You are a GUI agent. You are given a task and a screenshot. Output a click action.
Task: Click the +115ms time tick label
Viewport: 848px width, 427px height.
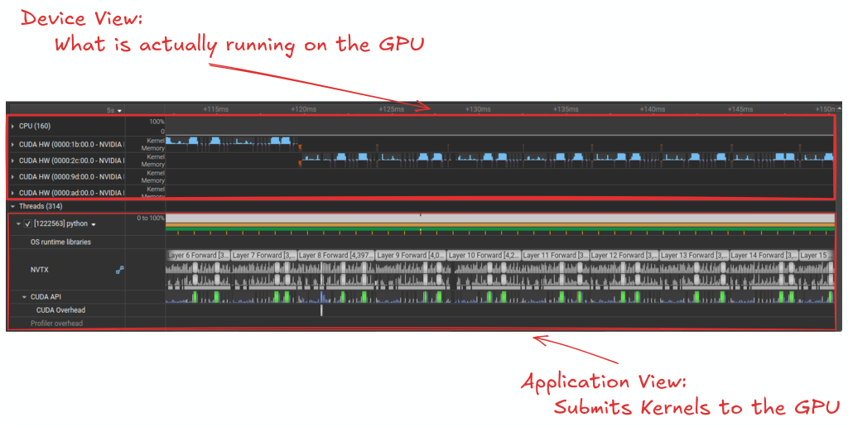tap(216, 109)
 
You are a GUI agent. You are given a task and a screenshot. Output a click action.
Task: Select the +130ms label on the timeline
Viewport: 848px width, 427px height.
tap(478, 109)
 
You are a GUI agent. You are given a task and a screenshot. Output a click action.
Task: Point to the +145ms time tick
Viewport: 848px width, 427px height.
tap(740, 109)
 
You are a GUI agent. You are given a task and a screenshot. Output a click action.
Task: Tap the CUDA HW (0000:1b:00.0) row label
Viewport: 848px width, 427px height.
tap(71, 144)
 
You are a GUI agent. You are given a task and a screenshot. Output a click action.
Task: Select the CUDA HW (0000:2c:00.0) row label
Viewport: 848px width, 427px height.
tap(71, 161)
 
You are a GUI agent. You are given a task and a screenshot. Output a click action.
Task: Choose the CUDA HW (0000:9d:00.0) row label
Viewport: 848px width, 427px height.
tap(71, 176)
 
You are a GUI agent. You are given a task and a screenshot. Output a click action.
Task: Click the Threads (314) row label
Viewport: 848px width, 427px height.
tap(41, 206)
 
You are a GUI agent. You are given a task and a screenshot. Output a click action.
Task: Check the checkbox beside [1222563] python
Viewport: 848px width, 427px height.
tap(28, 224)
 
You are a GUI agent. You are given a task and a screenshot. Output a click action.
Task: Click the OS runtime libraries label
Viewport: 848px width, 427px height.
tap(60, 242)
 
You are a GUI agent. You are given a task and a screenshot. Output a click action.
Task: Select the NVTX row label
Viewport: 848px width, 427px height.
tap(41, 269)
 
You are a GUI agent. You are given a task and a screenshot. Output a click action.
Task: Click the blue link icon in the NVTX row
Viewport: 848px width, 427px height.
tap(120, 269)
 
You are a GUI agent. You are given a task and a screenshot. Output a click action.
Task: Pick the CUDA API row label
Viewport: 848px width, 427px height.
tap(47, 296)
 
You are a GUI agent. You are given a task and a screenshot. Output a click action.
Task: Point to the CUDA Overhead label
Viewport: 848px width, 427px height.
tap(60, 310)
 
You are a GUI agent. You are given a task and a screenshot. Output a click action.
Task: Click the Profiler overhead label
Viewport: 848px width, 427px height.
tap(56, 324)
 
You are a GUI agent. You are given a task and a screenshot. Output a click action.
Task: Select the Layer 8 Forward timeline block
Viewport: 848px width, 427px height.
tap(335, 256)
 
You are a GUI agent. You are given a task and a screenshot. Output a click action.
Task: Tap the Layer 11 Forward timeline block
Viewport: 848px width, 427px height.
tap(556, 256)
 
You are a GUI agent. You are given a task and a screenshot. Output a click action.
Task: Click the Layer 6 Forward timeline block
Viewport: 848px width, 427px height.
tap(198, 256)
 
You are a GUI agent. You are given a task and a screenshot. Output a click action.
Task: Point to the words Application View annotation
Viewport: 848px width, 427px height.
tap(604, 382)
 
